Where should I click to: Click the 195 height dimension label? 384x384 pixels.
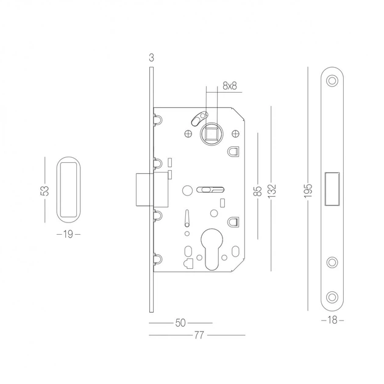(308, 190)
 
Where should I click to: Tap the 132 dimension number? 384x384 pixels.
(272, 191)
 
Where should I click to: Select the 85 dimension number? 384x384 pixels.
(258, 191)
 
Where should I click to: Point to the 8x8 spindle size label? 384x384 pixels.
(230, 86)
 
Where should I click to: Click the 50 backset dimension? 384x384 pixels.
(180, 323)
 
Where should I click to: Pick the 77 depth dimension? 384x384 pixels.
(199, 335)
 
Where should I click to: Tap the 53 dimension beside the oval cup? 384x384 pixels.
(44, 191)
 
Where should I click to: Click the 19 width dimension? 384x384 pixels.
(68, 235)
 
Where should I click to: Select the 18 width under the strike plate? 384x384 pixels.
(332, 320)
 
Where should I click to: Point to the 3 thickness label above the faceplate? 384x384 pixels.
(152, 58)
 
